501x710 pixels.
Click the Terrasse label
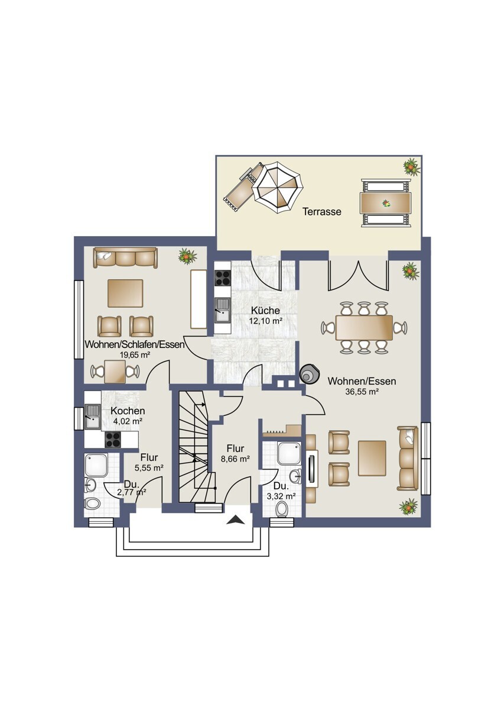point(322,211)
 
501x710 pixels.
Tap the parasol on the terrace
point(279,188)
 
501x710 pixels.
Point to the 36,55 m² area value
point(362,392)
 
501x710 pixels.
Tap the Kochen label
point(128,411)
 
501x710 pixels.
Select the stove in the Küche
point(223,278)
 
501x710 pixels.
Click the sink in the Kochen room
point(93,417)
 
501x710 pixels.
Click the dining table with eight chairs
point(364,327)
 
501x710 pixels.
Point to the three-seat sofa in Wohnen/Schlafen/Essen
point(125,258)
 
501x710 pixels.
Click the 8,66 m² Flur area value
point(236,459)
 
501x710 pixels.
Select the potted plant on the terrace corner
point(412,166)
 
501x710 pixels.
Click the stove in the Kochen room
point(113,440)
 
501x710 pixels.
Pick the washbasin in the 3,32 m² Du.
point(295,476)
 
